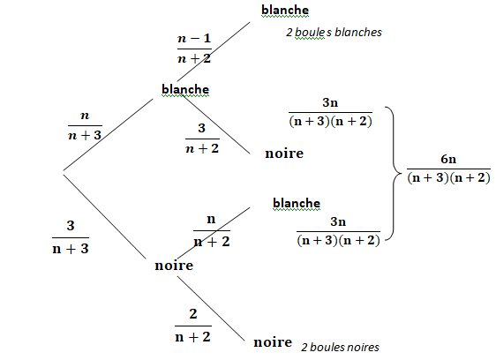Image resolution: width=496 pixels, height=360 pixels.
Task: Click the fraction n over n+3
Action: tap(85, 125)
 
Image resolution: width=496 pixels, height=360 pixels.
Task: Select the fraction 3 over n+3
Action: tap(71, 237)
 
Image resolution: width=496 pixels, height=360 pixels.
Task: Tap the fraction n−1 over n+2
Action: tap(194, 49)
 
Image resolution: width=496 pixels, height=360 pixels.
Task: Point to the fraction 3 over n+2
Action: tap(202, 139)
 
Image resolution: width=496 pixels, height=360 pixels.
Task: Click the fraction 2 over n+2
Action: tap(193, 326)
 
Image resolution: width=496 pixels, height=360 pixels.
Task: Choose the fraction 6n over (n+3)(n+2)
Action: tap(448, 169)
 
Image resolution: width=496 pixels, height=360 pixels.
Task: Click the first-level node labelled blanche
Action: tap(185, 89)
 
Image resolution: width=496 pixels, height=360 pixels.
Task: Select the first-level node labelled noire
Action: tap(174, 266)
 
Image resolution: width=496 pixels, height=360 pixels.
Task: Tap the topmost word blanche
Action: tap(285, 10)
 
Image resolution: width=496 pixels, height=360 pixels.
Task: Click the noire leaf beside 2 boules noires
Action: tap(273, 342)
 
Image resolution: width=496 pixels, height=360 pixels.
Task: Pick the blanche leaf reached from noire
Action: tap(297, 203)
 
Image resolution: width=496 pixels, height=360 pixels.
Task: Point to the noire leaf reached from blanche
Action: tap(284, 154)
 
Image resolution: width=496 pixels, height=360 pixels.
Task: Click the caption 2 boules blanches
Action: tap(334, 33)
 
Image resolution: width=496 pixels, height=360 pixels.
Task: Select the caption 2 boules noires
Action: tap(340, 348)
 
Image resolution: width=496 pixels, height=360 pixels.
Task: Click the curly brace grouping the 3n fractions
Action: tap(394, 173)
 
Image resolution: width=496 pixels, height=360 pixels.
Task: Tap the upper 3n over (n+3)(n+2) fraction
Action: tap(330, 112)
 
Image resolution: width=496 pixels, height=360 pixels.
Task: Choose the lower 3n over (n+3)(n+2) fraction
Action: tap(338, 231)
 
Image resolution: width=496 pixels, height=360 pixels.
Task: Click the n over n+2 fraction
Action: tap(212, 231)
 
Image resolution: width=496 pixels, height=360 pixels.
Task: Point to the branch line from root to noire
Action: tap(105, 217)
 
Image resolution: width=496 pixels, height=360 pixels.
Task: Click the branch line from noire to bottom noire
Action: tap(211, 309)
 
